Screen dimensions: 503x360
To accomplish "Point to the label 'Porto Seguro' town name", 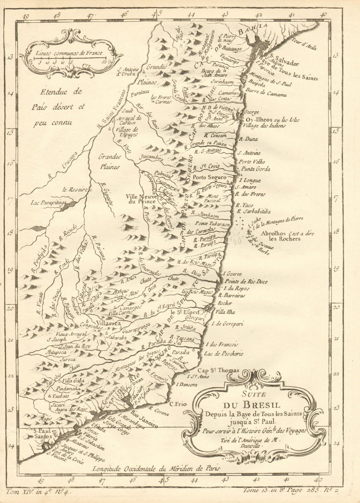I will click(x=210, y=178).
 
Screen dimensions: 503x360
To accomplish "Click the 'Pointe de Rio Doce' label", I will click(x=246, y=281).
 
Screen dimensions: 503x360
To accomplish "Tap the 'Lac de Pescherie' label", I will click(x=223, y=354).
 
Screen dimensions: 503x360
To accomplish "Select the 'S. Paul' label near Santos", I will click(x=41, y=430).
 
